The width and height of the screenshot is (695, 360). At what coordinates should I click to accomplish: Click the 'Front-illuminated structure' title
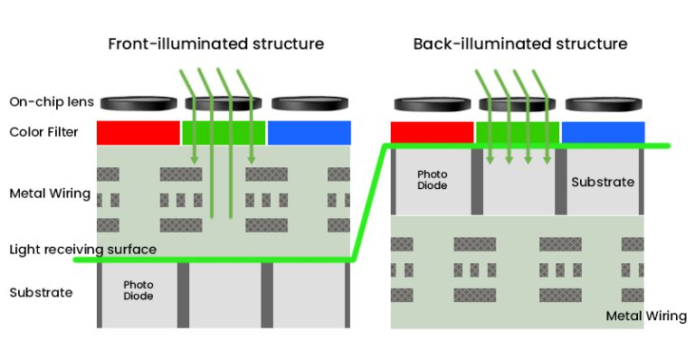pos(215,43)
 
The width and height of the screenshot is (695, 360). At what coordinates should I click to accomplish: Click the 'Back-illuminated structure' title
pos(519,43)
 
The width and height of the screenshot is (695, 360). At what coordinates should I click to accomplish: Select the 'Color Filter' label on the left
pos(43,132)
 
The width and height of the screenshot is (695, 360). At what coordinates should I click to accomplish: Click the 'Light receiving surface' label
pos(83,249)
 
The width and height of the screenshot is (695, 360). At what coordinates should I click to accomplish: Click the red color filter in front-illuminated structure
pos(138,132)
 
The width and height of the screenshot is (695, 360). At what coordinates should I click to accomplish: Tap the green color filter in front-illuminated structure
pos(224,132)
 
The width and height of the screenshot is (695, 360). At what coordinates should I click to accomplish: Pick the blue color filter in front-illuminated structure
pos(309,132)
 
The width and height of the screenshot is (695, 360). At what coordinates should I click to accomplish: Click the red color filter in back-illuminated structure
pos(432,132)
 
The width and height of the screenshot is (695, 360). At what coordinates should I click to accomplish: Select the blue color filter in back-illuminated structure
pos(603,132)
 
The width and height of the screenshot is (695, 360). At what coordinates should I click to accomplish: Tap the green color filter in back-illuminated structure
pos(518,132)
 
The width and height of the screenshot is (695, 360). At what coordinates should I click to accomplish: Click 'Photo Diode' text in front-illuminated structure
pos(138,290)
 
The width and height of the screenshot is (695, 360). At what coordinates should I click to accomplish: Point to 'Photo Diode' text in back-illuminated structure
pos(433,179)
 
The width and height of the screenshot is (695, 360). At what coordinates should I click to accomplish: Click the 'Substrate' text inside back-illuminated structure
pos(603,182)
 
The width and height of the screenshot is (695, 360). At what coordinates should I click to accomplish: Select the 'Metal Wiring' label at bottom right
pos(645,316)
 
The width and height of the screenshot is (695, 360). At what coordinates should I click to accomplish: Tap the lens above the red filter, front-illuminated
pos(137,102)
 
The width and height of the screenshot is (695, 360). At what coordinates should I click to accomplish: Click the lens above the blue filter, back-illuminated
pos(603,102)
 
